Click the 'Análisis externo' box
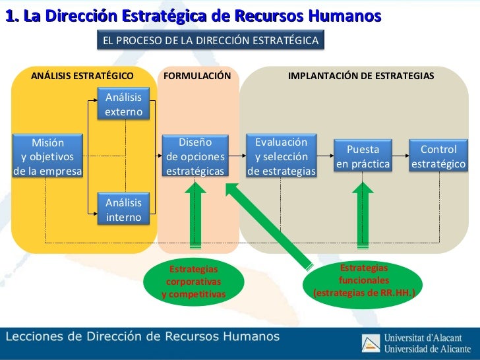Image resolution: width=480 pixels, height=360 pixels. [123, 104]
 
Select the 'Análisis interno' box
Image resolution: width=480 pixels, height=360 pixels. [123, 210]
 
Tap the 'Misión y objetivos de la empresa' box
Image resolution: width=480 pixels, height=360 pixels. [47, 157]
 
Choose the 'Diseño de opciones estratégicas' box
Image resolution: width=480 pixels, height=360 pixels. [195, 157]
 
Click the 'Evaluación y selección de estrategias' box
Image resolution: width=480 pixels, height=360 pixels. [282, 157]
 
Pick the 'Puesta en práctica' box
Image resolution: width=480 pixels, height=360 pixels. [363, 156]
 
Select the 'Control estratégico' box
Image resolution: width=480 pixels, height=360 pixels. [438, 156]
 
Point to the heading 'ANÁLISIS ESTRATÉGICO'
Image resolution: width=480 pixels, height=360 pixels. [82, 76]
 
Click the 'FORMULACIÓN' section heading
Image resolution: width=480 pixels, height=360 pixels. [197, 76]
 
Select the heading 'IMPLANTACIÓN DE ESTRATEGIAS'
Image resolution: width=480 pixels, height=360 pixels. [361, 76]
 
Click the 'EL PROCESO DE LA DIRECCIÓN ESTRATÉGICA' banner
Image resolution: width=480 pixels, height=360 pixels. [210, 41]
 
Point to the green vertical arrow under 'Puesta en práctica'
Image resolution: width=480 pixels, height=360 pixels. [363, 214]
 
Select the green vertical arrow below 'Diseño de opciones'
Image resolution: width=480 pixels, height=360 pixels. [196, 214]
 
